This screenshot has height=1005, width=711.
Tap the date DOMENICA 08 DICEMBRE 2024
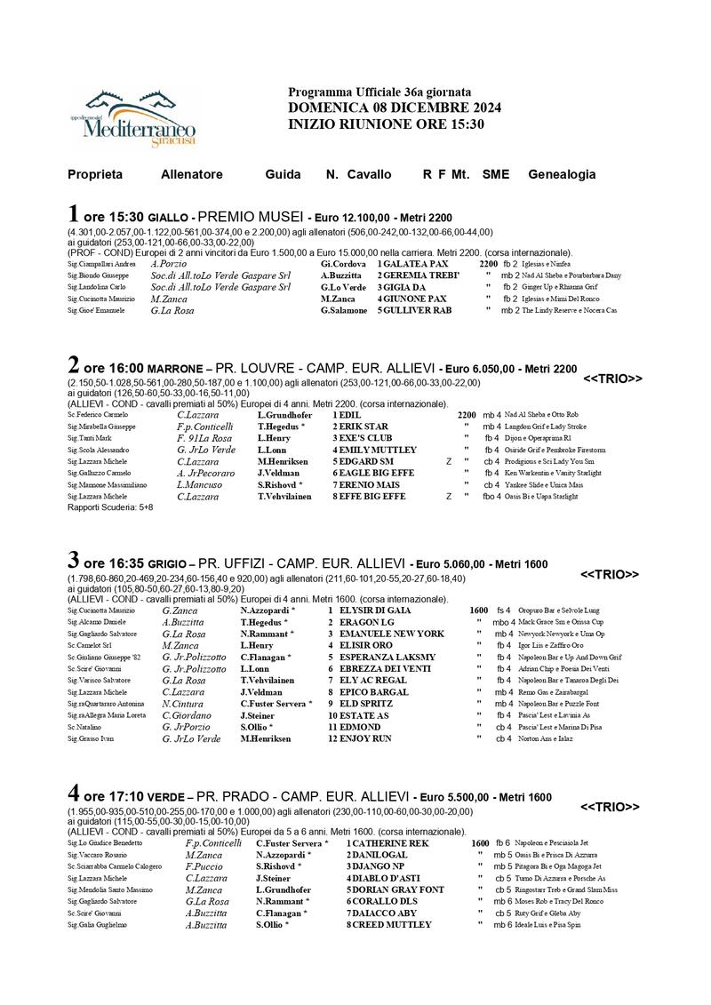395,108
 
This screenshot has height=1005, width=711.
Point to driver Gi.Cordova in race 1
343,264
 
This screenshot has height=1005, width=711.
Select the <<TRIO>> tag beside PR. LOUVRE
612,379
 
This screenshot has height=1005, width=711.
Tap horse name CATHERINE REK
392,842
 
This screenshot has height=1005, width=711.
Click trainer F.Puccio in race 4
204,866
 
